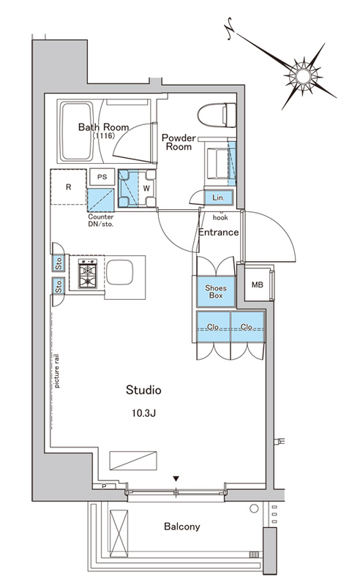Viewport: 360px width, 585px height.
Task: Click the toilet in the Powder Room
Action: pyautogui.click(x=217, y=116)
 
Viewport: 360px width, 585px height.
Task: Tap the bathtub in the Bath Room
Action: pyautogui.click(x=76, y=131)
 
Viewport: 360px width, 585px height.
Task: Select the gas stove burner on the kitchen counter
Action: pyautogui.click(x=88, y=273)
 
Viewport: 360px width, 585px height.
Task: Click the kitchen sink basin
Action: pyautogui.click(x=119, y=272)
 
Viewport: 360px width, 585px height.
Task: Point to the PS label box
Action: pyautogui.click(x=102, y=177)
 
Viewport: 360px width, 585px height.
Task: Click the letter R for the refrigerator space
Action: pyautogui.click(x=68, y=187)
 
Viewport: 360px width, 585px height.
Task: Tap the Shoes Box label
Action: pyautogui.click(x=216, y=292)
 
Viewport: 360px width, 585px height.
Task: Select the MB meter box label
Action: pyautogui.click(x=258, y=285)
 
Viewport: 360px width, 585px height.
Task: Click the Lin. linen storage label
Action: pyautogui.click(x=219, y=197)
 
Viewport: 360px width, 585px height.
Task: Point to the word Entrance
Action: pyautogui.click(x=219, y=233)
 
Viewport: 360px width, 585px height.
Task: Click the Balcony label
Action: pyautogui.click(x=182, y=526)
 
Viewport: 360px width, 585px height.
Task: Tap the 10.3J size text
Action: pyautogui.click(x=143, y=413)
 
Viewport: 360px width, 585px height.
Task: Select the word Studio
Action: pyautogui.click(x=143, y=390)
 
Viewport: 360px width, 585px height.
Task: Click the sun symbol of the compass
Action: pyautogui.click(x=303, y=76)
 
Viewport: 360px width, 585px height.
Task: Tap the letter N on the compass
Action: pyautogui.click(x=229, y=28)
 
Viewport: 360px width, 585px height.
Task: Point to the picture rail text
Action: pyautogui.click(x=57, y=371)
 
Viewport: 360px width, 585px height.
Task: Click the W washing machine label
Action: pyautogui.click(x=146, y=189)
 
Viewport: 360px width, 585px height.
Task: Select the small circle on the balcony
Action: pyautogui.click(x=254, y=508)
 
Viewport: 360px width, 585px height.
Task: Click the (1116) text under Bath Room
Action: pyautogui.click(x=103, y=136)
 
